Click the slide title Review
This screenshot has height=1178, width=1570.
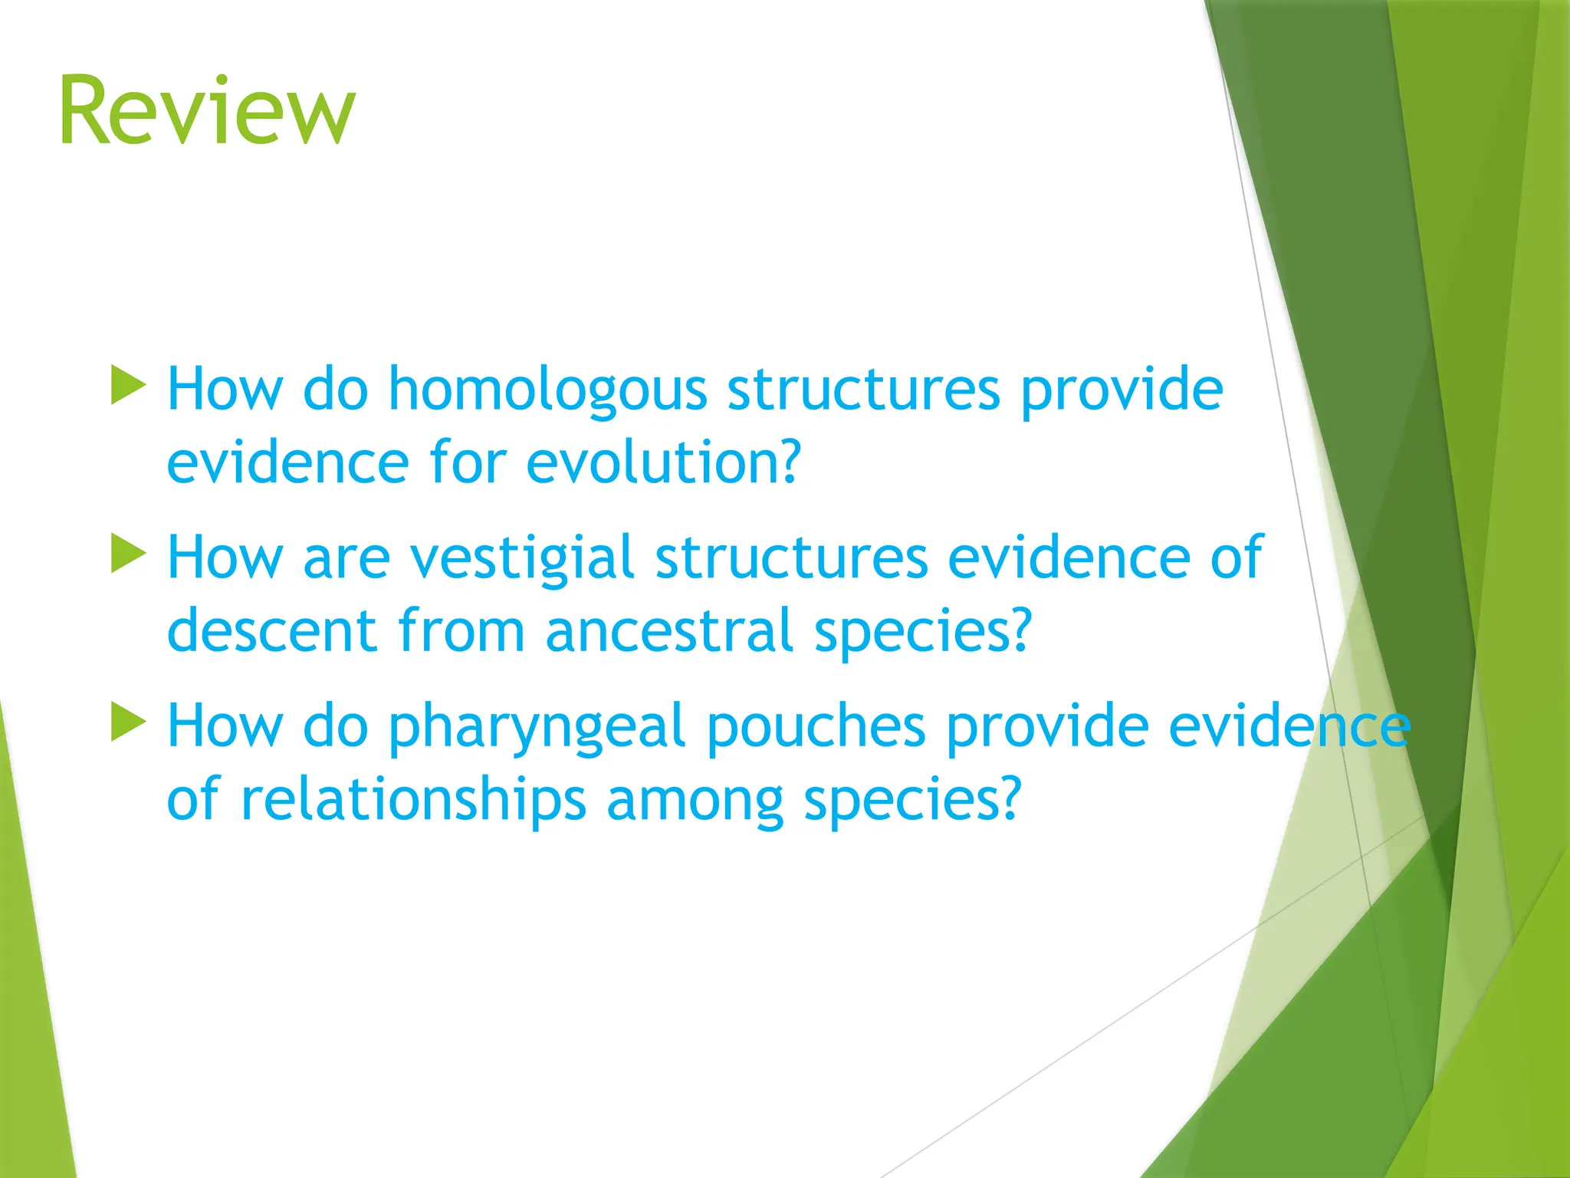[207, 111]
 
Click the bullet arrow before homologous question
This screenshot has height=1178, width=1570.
[128, 385]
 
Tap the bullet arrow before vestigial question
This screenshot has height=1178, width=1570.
[128, 553]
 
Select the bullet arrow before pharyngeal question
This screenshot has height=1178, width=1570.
[128, 722]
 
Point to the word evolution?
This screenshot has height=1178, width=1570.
[663, 463]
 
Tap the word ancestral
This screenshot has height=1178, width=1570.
[668, 631]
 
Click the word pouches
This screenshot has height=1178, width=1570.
[816, 726]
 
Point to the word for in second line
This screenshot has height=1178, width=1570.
[468, 463]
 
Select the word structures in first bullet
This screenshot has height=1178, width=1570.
[863, 390]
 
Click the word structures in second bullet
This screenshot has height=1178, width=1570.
[791, 558]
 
